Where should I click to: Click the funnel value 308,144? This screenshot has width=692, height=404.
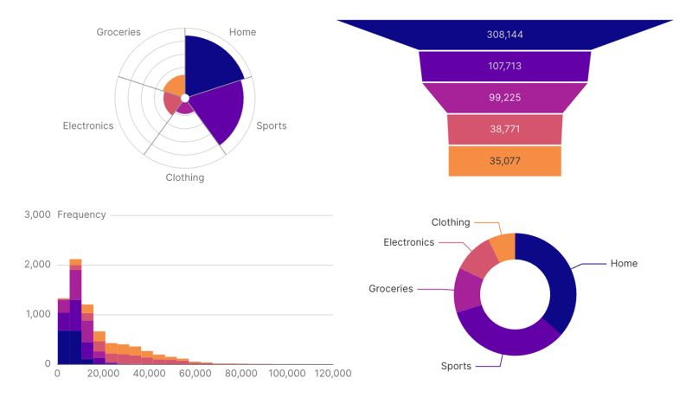[x=504, y=35]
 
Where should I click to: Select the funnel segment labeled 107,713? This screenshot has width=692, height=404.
[x=504, y=66]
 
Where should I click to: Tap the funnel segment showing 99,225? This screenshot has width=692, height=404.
[x=504, y=97]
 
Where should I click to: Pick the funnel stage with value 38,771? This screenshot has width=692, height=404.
[x=504, y=129]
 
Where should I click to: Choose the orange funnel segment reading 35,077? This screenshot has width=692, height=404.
[x=504, y=161]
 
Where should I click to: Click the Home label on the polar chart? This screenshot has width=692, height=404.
[x=242, y=32]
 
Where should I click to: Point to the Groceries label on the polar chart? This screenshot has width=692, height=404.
[x=119, y=32]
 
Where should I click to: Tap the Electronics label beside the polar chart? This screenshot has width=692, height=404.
[x=88, y=125]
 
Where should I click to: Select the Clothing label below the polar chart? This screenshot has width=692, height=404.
[x=185, y=177]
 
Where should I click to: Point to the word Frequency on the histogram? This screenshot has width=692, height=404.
[x=81, y=215]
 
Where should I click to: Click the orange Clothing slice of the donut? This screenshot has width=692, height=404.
[x=503, y=247]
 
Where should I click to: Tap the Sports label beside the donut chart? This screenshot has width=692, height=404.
[x=456, y=366]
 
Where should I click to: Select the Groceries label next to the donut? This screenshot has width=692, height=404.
[x=391, y=288]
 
